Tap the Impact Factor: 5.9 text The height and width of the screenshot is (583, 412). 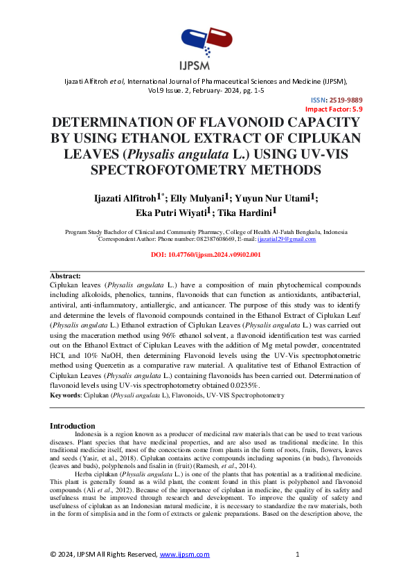coord(334,109)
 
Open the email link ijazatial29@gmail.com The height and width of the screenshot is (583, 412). coord(287,239)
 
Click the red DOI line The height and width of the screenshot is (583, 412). coord(206,255)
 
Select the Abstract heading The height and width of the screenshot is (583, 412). coord(66,276)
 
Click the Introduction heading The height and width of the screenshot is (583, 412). coord(75,424)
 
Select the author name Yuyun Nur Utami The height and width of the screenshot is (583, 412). coord(280,198)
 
